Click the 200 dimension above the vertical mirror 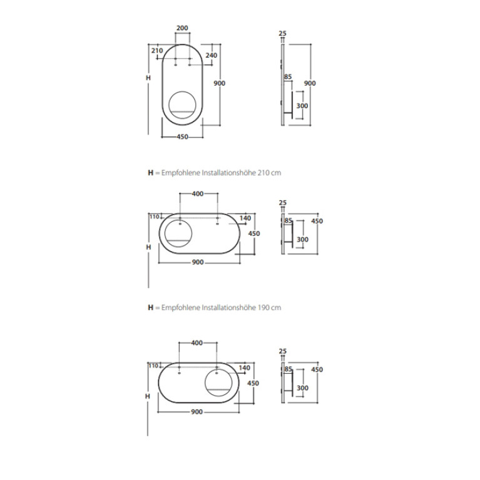(182, 28)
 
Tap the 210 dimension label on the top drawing (157, 51)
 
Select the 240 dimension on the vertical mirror (212, 56)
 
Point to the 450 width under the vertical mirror (183, 137)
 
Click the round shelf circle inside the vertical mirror (170, 104)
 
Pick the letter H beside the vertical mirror (148, 78)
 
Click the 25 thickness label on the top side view (282, 33)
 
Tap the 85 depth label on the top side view (288, 77)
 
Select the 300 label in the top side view (302, 106)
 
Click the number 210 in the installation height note (263, 173)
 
